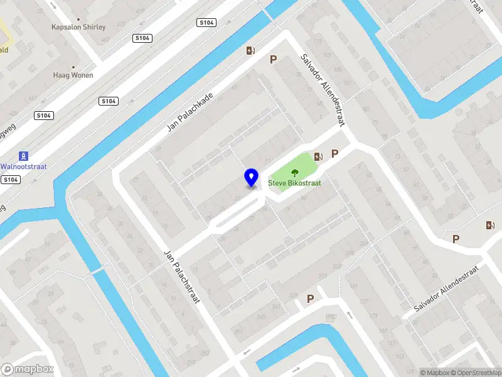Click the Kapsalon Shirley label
pos(78,27)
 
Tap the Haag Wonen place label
pos(73,75)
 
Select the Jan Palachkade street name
pos(190,112)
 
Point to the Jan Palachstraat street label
pos(181,276)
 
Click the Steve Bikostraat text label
pos(295,183)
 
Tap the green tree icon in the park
pos(294,173)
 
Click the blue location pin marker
pos(252,178)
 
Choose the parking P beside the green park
pos(335,153)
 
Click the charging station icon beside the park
pos(319,156)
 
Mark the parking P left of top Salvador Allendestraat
pos(273,59)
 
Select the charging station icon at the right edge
pos(489,225)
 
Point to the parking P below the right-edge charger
pos(456,239)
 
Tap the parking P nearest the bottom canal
pos(310,299)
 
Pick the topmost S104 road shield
pos(206,23)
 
